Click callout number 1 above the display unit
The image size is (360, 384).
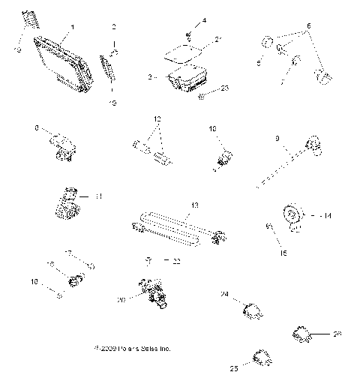(71, 28)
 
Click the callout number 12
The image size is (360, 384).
(157, 119)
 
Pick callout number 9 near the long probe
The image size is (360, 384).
(277, 138)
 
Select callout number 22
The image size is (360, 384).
(177, 261)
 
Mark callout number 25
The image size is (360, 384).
(233, 369)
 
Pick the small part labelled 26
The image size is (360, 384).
(303, 336)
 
